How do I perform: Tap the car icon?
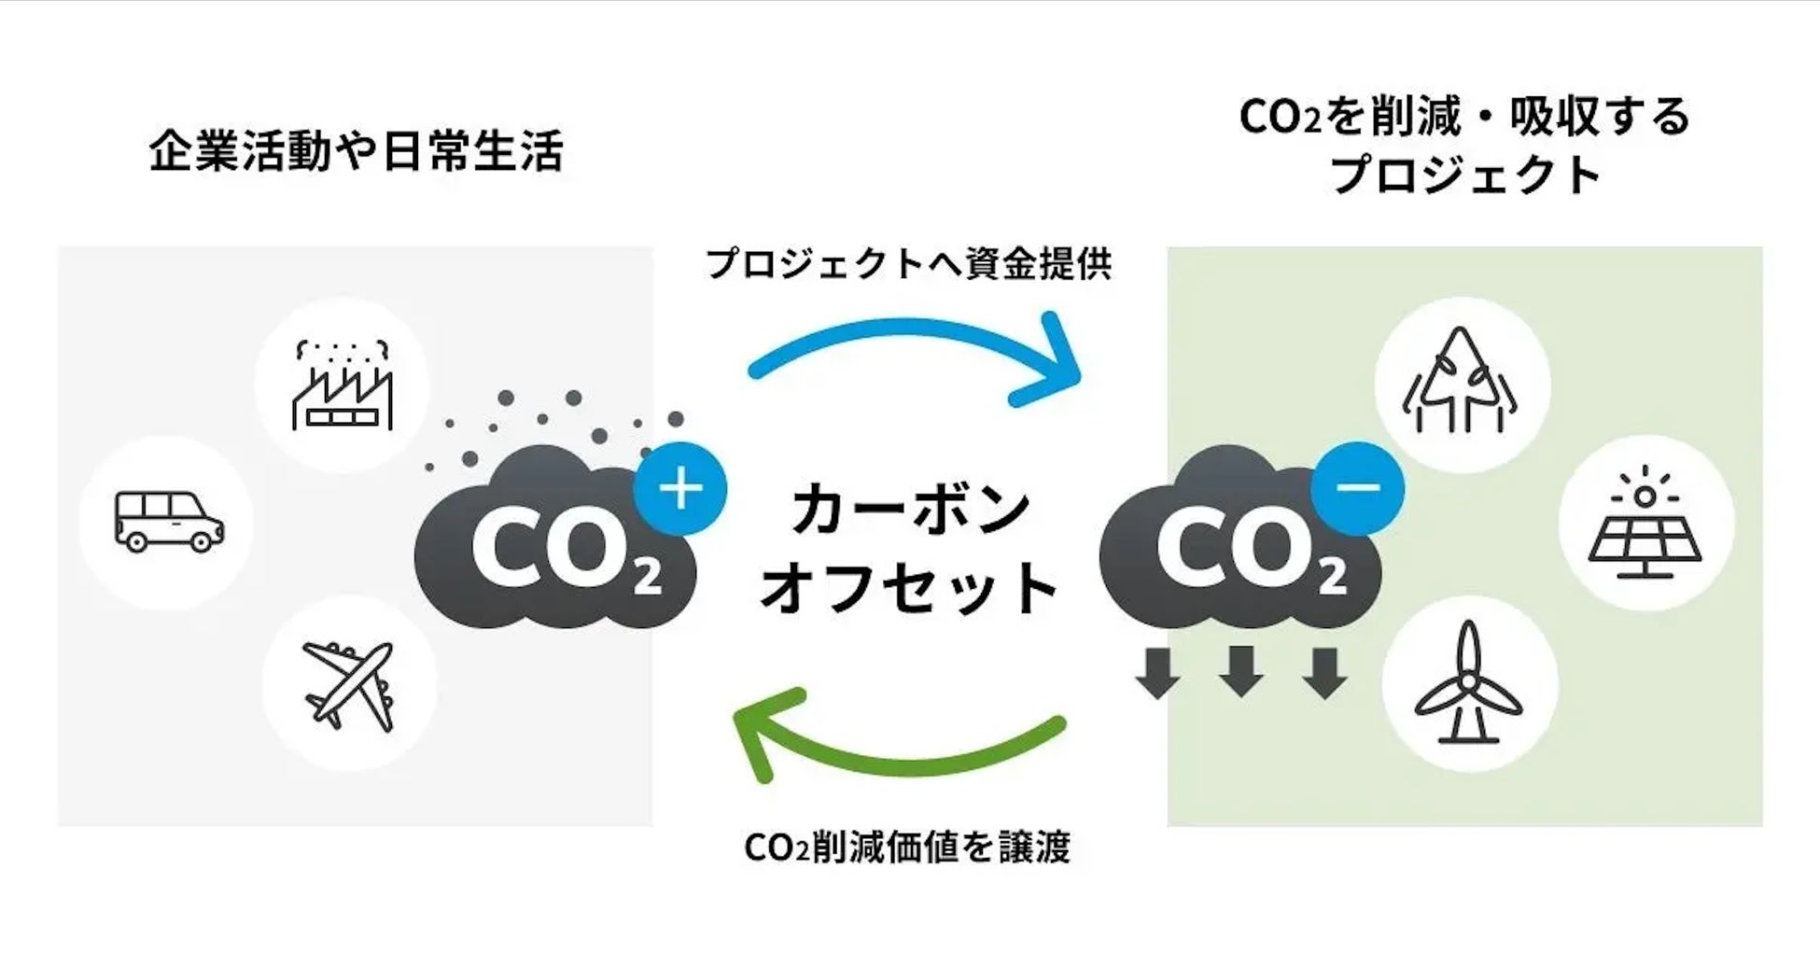[x=169, y=522]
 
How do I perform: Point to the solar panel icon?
[x=1645, y=523]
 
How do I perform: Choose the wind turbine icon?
[x=1468, y=683]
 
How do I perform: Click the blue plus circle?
[x=680, y=489]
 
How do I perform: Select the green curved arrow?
[x=896, y=742]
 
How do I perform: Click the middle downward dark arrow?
[x=1241, y=670]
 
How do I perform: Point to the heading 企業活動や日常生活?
[x=356, y=151]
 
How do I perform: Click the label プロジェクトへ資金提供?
[x=908, y=264]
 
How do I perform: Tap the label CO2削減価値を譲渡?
[x=907, y=848]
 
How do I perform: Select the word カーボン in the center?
[x=910, y=510]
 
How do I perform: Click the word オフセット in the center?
[x=910, y=588]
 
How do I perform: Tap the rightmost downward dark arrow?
[x=1323, y=670]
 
